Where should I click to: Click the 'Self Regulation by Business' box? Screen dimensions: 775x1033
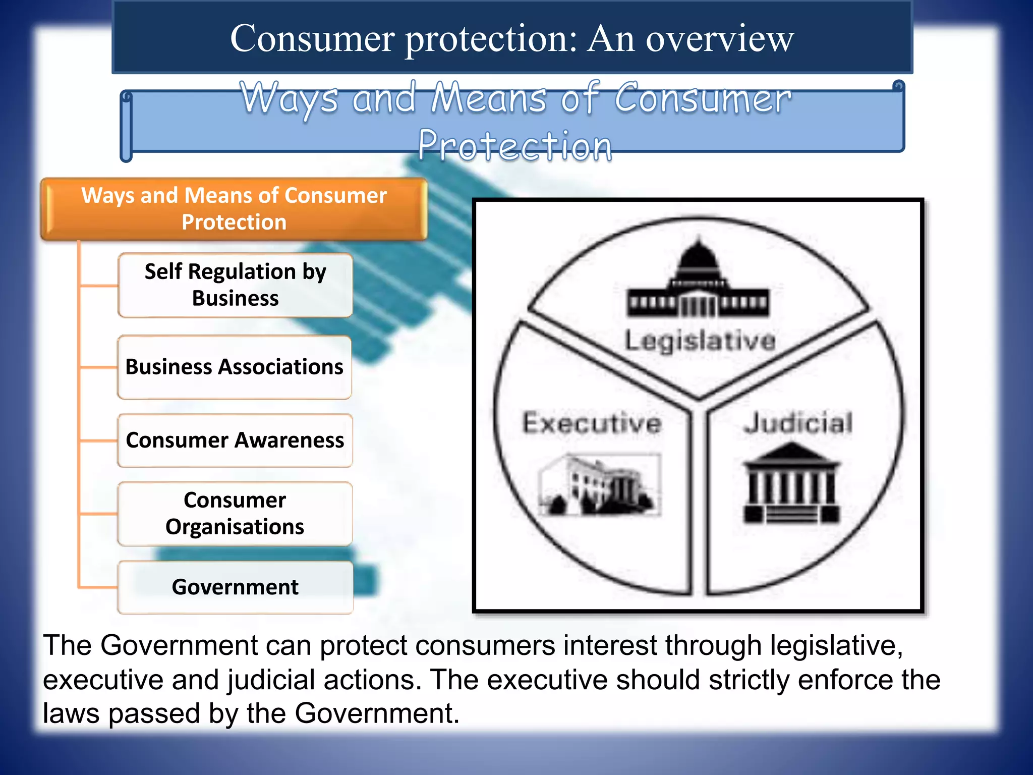tap(235, 285)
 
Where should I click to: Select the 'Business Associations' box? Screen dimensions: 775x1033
tap(235, 367)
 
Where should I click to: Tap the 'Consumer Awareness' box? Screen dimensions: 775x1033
tap(235, 440)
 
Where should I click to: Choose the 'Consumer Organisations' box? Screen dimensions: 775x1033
tap(235, 514)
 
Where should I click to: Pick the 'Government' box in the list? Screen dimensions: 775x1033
tap(235, 587)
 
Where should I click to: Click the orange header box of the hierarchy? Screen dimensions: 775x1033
tap(234, 209)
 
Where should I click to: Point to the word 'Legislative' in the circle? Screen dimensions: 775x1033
tap(700, 341)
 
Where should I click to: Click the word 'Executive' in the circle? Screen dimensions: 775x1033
tap(592, 423)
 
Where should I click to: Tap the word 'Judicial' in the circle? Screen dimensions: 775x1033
tap(798, 423)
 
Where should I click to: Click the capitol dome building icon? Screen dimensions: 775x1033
tap(699, 280)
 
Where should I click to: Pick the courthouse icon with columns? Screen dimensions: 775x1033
tap(791, 484)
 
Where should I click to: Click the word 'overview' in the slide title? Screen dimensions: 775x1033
tap(720, 38)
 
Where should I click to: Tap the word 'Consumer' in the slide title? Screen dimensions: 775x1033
tap(312, 38)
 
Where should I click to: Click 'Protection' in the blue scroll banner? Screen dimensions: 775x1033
tap(515, 146)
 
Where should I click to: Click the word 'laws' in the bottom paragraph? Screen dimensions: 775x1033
tap(71, 713)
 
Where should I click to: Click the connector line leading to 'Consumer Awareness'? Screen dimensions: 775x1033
tap(98, 440)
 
